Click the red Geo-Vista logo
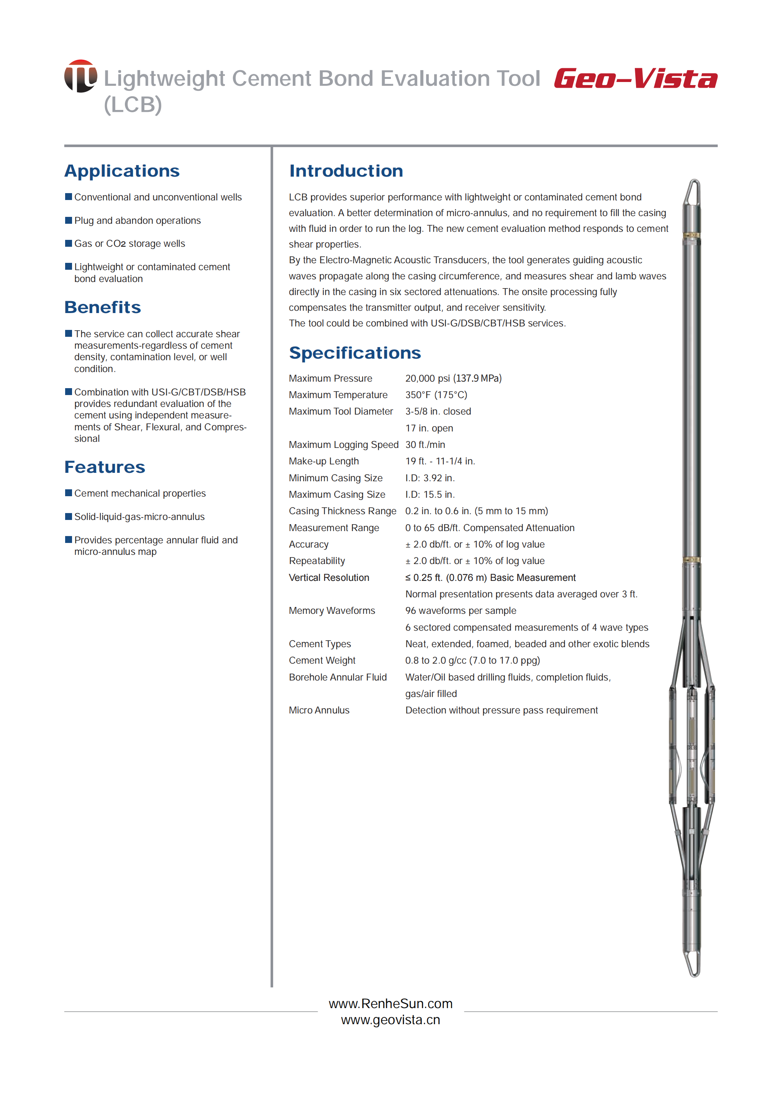635,79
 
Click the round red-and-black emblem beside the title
80,76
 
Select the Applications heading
122,171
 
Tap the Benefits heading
103,307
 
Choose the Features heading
105,467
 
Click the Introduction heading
346,171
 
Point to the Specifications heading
355,353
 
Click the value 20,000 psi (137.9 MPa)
453,379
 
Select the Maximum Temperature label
338,395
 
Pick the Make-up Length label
324,461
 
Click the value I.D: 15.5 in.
430,495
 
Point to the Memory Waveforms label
332,611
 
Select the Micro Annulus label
319,710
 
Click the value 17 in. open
429,428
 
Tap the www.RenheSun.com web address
390,1004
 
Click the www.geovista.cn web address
390,1020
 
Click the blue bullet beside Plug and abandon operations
68,220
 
